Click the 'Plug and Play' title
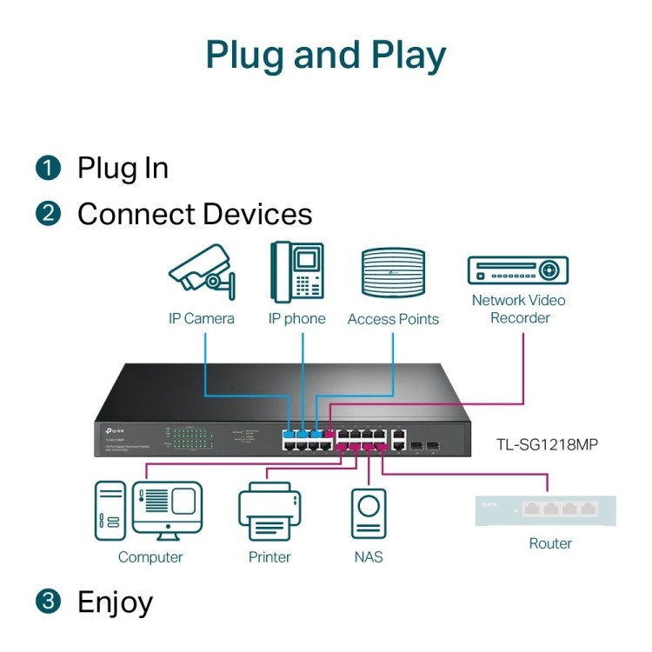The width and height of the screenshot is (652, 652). tap(326, 55)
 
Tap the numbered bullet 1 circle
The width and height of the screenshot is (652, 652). tap(48, 167)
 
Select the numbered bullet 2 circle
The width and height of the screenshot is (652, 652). tap(48, 214)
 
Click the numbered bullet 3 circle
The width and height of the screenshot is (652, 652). tap(48, 602)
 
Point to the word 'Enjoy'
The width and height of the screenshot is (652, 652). tap(115, 602)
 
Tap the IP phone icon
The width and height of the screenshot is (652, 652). tap(296, 271)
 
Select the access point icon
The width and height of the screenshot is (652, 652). tap(393, 273)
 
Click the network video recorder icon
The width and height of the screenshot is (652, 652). tap(517, 270)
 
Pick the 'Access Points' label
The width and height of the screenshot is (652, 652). tap(393, 319)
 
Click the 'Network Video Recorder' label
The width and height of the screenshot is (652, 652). tap(519, 309)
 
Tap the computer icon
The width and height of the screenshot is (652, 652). tap(149, 510)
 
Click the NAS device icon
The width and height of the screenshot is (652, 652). tap(369, 513)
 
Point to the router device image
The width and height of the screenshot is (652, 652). tap(547, 510)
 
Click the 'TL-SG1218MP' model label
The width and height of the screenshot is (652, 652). tap(547, 444)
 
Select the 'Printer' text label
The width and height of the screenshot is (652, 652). tap(269, 557)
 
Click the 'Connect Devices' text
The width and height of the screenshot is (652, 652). tap(194, 214)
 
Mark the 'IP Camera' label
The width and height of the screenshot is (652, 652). tap(202, 319)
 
